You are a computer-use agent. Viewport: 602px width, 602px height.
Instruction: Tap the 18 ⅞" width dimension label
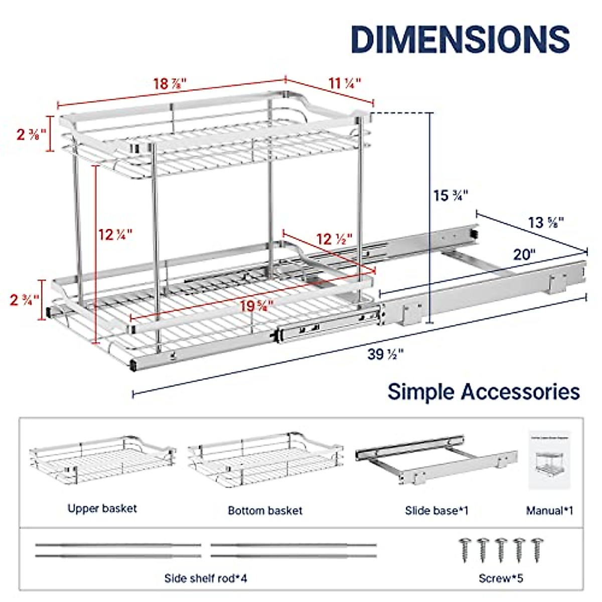[170, 83]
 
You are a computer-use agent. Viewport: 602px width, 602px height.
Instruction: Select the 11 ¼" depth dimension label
[345, 83]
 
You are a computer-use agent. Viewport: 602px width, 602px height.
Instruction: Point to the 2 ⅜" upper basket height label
[31, 134]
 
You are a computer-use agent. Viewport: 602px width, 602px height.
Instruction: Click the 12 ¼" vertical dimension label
[115, 234]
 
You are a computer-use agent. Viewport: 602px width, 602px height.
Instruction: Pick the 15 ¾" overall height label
[450, 195]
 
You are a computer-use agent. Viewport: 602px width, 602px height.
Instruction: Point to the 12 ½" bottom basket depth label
[334, 239]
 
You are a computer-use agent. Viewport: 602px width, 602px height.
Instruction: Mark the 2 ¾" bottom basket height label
[24, 300]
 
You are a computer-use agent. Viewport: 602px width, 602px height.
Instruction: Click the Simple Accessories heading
[484, 391]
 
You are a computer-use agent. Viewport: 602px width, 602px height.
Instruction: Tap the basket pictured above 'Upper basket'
[102, 460]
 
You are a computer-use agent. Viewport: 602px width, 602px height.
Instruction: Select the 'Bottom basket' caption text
[265, 511]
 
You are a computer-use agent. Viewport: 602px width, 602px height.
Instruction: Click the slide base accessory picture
[435, 459]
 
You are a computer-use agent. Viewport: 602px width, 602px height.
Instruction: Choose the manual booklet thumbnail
[549, 459]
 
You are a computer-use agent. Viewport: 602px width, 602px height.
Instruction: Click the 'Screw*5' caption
[501, 578]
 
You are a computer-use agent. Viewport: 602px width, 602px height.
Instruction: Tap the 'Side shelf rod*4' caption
[206, 578]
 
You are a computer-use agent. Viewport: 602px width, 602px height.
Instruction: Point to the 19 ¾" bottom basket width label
[256, 306]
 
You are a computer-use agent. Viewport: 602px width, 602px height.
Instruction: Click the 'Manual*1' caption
[549, 511]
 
